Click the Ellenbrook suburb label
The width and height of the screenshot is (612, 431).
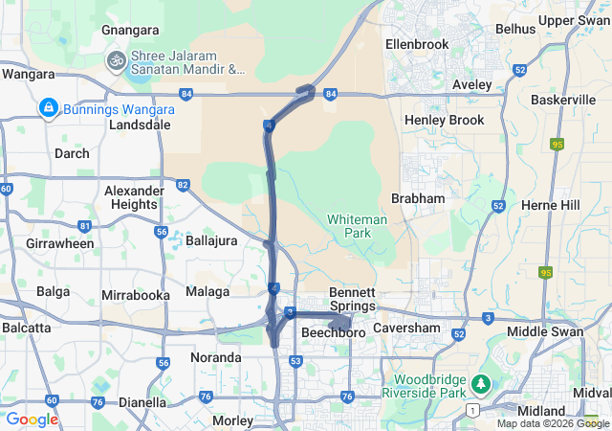pos(416,44)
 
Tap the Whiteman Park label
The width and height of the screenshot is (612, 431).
pos(357,226)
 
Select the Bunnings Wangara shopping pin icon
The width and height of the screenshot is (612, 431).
pos(47,109)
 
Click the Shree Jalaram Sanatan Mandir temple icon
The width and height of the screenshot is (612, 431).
pos(117,60)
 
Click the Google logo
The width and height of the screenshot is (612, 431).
pos(32,419)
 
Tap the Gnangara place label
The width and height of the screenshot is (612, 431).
pos(129,30)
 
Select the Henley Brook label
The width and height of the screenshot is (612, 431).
pos(444,120)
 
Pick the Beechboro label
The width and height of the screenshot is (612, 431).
pos(334,332)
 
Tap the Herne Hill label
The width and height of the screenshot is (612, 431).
pos(550,205)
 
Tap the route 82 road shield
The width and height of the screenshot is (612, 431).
pos(183,184)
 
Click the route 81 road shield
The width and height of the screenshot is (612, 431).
pos(85,226)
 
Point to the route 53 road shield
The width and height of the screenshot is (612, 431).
pos(296,361)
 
